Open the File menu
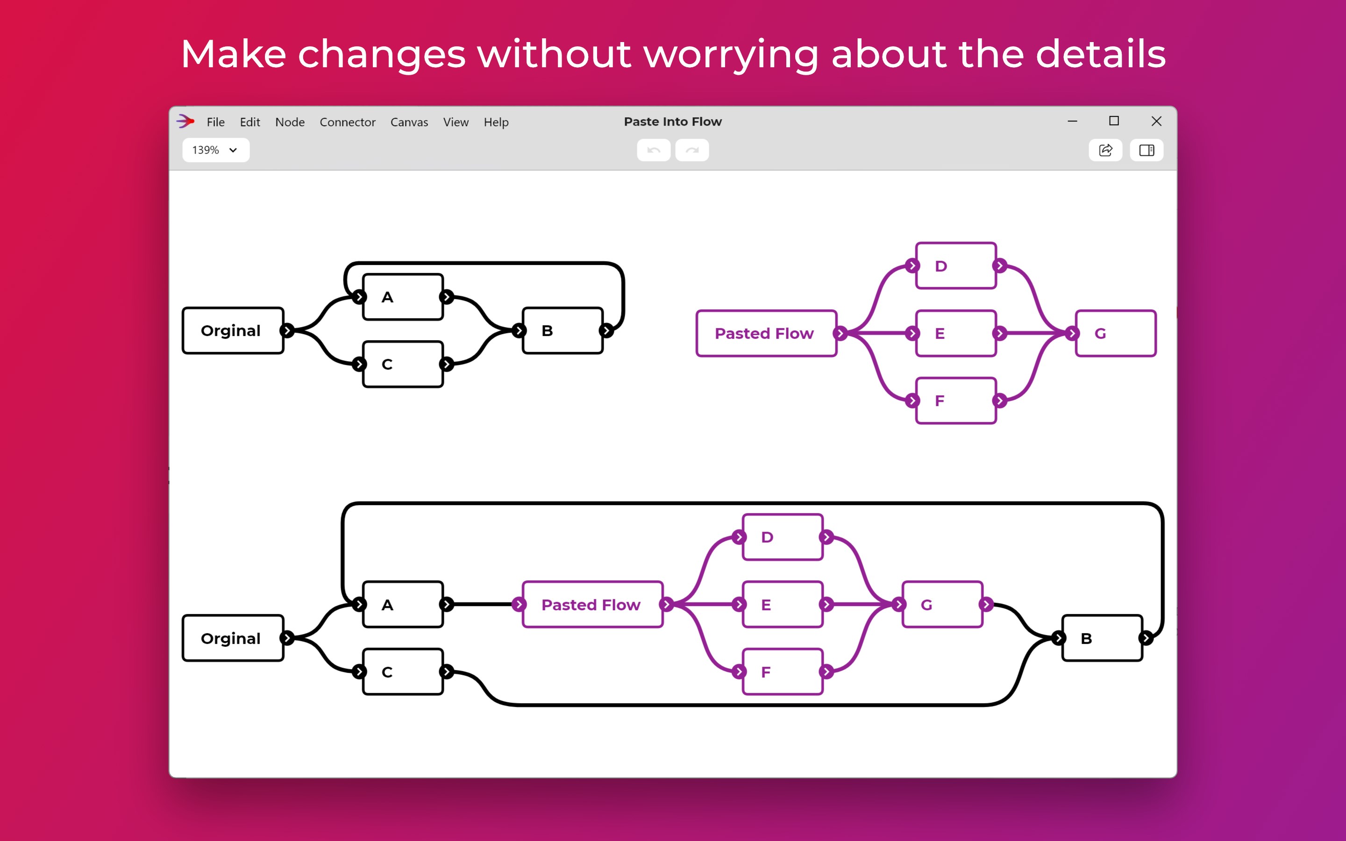216,122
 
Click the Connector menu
348,122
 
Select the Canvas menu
409,122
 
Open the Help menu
496,122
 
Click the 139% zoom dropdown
216,150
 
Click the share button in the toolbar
1106,150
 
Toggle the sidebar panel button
1147,150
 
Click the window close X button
1156,121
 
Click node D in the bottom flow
783,537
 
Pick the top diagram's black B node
563,330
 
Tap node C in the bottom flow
403,672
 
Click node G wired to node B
943,605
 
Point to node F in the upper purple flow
956,400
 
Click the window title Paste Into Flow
672,121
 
